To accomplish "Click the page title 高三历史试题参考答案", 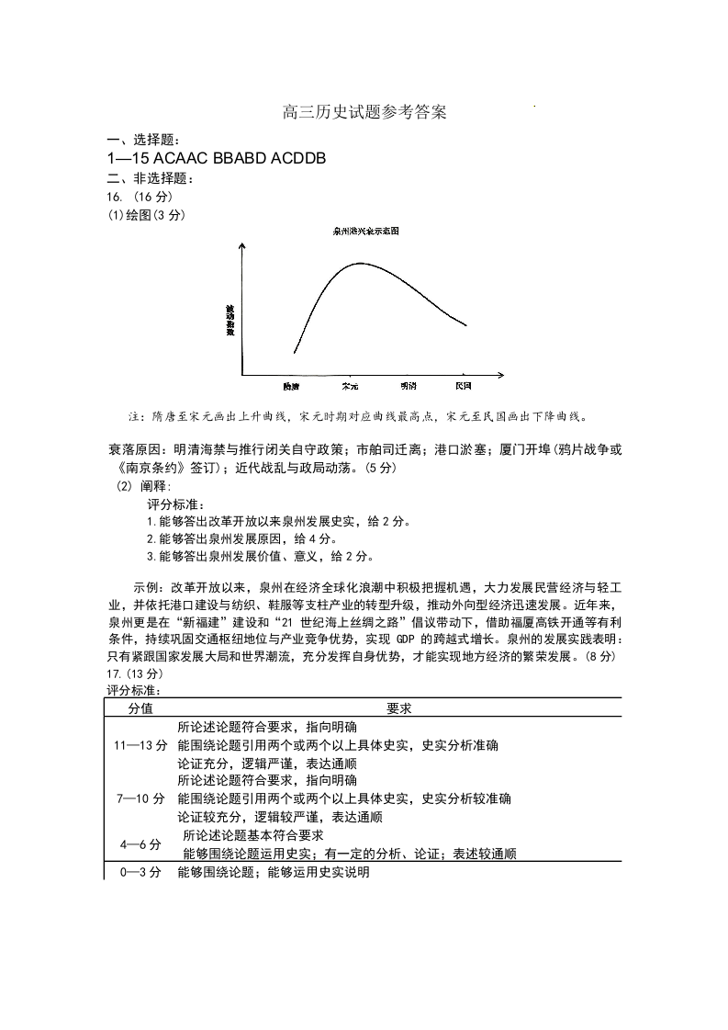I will coord(364,114).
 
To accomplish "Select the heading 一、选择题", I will coord(139,140).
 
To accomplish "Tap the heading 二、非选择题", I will coord(145,178).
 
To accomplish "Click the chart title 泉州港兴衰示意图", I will coord(365,232).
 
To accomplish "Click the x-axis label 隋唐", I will coord(292,386).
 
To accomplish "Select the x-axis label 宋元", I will coord(350,386).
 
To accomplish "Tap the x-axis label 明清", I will coord(409,386).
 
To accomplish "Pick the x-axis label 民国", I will coord(464,386).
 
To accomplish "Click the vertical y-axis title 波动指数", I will coord(230,319).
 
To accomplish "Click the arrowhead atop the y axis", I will coord(241,246).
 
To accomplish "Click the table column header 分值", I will coord(140,708).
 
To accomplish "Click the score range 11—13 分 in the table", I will coord(140,745).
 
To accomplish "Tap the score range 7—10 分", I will coord(140,798).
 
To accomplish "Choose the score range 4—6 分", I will coord(140,844).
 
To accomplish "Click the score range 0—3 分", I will coord(140,872).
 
